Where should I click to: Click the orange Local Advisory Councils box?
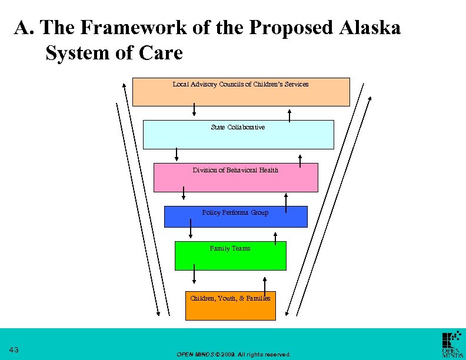tap(241, 92)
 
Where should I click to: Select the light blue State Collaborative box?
tap(238, 135)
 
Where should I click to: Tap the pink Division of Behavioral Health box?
tap(235, 178)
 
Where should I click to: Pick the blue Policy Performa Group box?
tap(235, 216)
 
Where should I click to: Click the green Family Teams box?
tap(231, 256)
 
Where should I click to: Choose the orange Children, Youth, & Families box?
tap(230, 306)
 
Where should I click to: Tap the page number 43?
tap(14, 351)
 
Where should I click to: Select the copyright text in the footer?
tap(234, 355)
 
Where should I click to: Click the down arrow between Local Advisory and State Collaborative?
tap(194, 110)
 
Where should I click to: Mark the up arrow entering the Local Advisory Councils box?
tap(289, 115)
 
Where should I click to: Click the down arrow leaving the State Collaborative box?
tap(177, 154)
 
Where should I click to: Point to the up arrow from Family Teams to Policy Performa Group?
tap(275, 236)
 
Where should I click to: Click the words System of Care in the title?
tap(114, 53)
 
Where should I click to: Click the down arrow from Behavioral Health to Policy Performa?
tap(184, 193)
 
